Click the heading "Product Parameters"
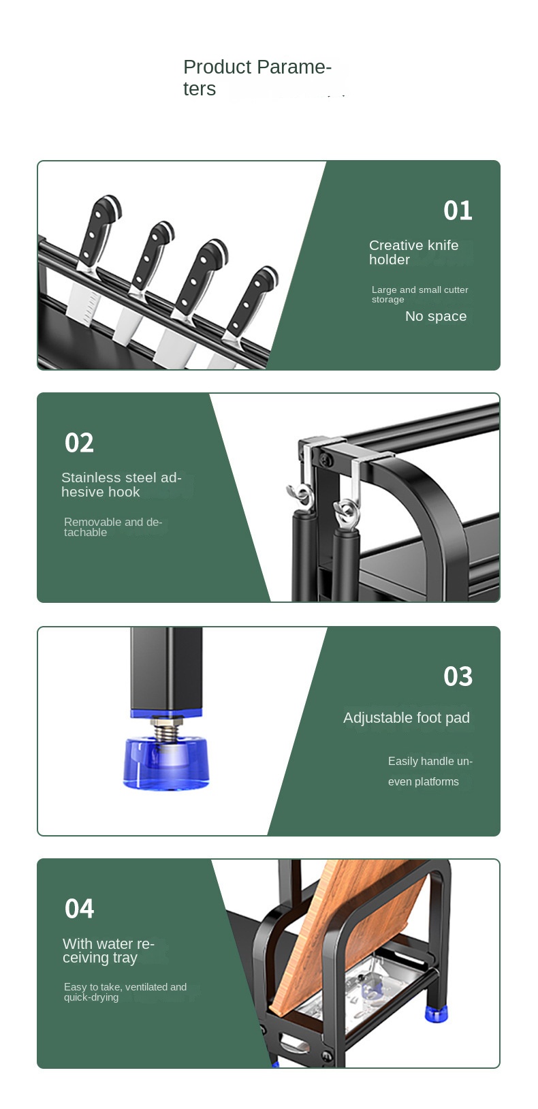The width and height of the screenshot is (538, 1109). click(257, 78)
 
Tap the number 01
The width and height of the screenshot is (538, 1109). click(458, 210)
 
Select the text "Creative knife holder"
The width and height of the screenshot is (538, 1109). click(414, 253)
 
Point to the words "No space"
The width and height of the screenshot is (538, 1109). click(436, 316)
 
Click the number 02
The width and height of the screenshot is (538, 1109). click(79, 443)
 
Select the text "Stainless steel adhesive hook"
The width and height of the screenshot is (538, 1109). click(121, 485)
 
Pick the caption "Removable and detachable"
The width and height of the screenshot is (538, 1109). click(113, 527)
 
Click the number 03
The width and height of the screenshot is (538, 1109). click(458, 676)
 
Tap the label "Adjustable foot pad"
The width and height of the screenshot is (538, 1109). click(407, 717)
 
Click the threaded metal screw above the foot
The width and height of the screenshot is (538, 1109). click(165, 728)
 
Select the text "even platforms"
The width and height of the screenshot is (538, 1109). click(423, 782)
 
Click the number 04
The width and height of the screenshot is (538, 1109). click(79, 909)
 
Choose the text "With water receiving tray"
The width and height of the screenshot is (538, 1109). click(108, 950)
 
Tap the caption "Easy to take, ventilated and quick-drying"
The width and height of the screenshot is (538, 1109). click(125, 992)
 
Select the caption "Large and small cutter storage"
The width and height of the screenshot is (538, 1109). click(420, 294)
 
